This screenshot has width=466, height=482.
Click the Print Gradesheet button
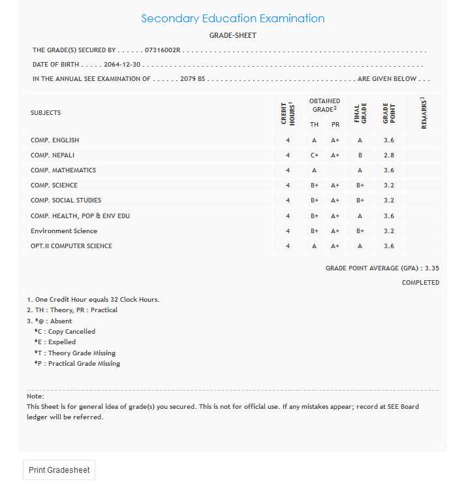59,470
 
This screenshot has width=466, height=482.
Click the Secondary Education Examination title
233,18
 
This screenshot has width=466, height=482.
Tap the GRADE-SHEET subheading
233,35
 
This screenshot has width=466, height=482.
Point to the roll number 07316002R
163,50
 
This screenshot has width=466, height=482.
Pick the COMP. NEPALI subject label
54,155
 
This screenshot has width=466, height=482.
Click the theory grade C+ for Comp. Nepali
315,155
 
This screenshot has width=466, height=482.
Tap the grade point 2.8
389,155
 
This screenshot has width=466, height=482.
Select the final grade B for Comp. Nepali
360,155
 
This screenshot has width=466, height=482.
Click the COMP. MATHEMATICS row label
63,170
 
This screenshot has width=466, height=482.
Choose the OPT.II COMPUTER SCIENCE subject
71,246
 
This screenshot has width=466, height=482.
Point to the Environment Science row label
64,231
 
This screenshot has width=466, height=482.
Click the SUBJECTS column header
46,113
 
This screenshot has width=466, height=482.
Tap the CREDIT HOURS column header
288,113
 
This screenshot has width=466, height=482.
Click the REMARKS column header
423,113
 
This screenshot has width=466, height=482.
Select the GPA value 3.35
432,268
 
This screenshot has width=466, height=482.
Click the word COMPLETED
420,283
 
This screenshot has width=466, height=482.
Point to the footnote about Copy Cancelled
65,332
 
